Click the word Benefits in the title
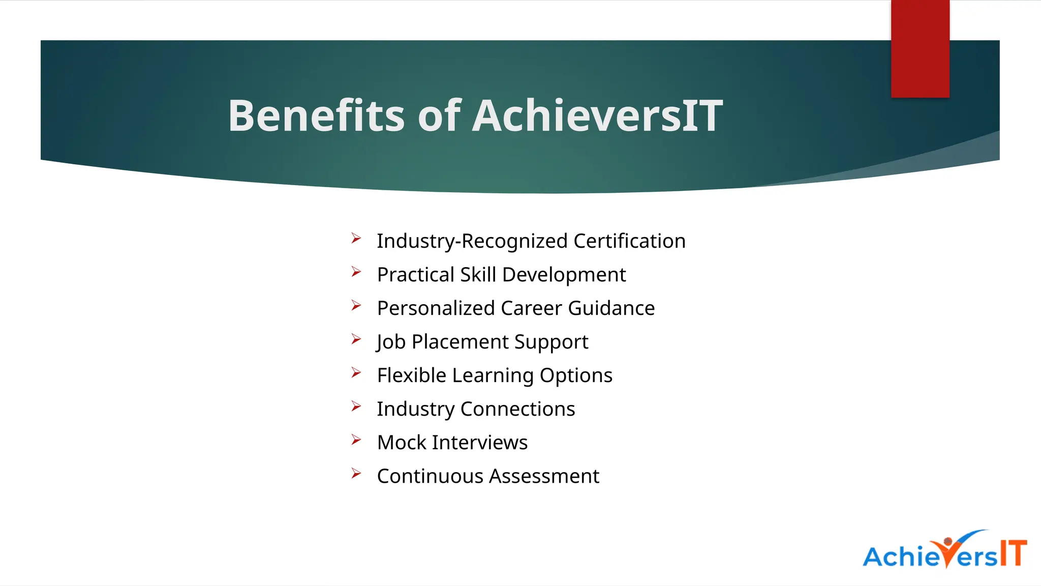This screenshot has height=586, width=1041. [x=316, y=116]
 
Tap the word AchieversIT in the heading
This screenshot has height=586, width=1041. [x=597, y=116]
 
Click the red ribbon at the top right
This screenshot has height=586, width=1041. [x=920, y=49]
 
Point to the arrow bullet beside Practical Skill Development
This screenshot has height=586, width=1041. [x=356, y=272]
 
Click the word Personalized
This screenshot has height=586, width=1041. [x=436, y=309]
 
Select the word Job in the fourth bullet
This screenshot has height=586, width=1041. [x=391, y=342]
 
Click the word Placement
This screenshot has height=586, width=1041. [x=460, y=342]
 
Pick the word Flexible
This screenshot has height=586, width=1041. [x=411, y=375]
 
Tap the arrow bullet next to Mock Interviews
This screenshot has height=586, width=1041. [x=356, y=440]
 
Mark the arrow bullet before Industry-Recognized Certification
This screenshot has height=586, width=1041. [x=356, y=239]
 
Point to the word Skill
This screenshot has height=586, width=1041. [x=478, y=275]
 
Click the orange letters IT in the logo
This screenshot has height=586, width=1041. [x=1013, y=553]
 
